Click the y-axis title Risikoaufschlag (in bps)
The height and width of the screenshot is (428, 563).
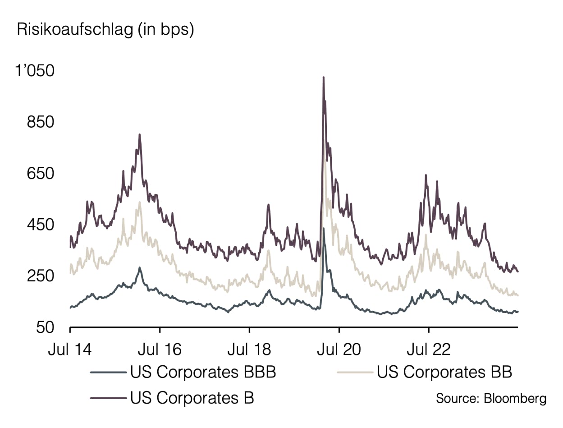(105, 30)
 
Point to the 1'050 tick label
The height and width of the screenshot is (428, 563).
(35, 71)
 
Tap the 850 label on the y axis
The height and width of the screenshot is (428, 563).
(40, 122)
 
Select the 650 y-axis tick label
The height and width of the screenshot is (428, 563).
(40, 174)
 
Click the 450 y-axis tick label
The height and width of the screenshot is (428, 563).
(40, 225)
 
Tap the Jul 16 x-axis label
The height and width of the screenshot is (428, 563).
(160, 350)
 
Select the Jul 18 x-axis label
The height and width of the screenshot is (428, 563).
(249, 350)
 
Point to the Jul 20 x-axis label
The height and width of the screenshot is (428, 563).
(339, 350)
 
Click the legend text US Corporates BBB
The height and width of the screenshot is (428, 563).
(203, 373)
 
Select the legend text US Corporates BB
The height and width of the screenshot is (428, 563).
(444, 373)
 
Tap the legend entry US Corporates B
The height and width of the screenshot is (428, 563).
(192, 398)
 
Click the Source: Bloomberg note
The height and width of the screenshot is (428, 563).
(491, 399)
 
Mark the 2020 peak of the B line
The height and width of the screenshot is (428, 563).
(323, 77)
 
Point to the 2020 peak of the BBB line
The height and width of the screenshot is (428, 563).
(324, 229)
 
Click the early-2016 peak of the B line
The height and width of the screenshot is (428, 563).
(140, 134)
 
